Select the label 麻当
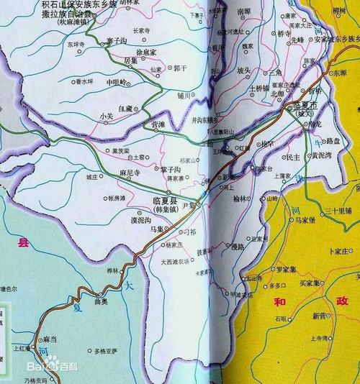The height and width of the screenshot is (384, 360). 49,338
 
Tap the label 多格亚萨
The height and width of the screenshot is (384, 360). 108,351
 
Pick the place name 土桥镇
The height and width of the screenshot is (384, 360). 258,88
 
